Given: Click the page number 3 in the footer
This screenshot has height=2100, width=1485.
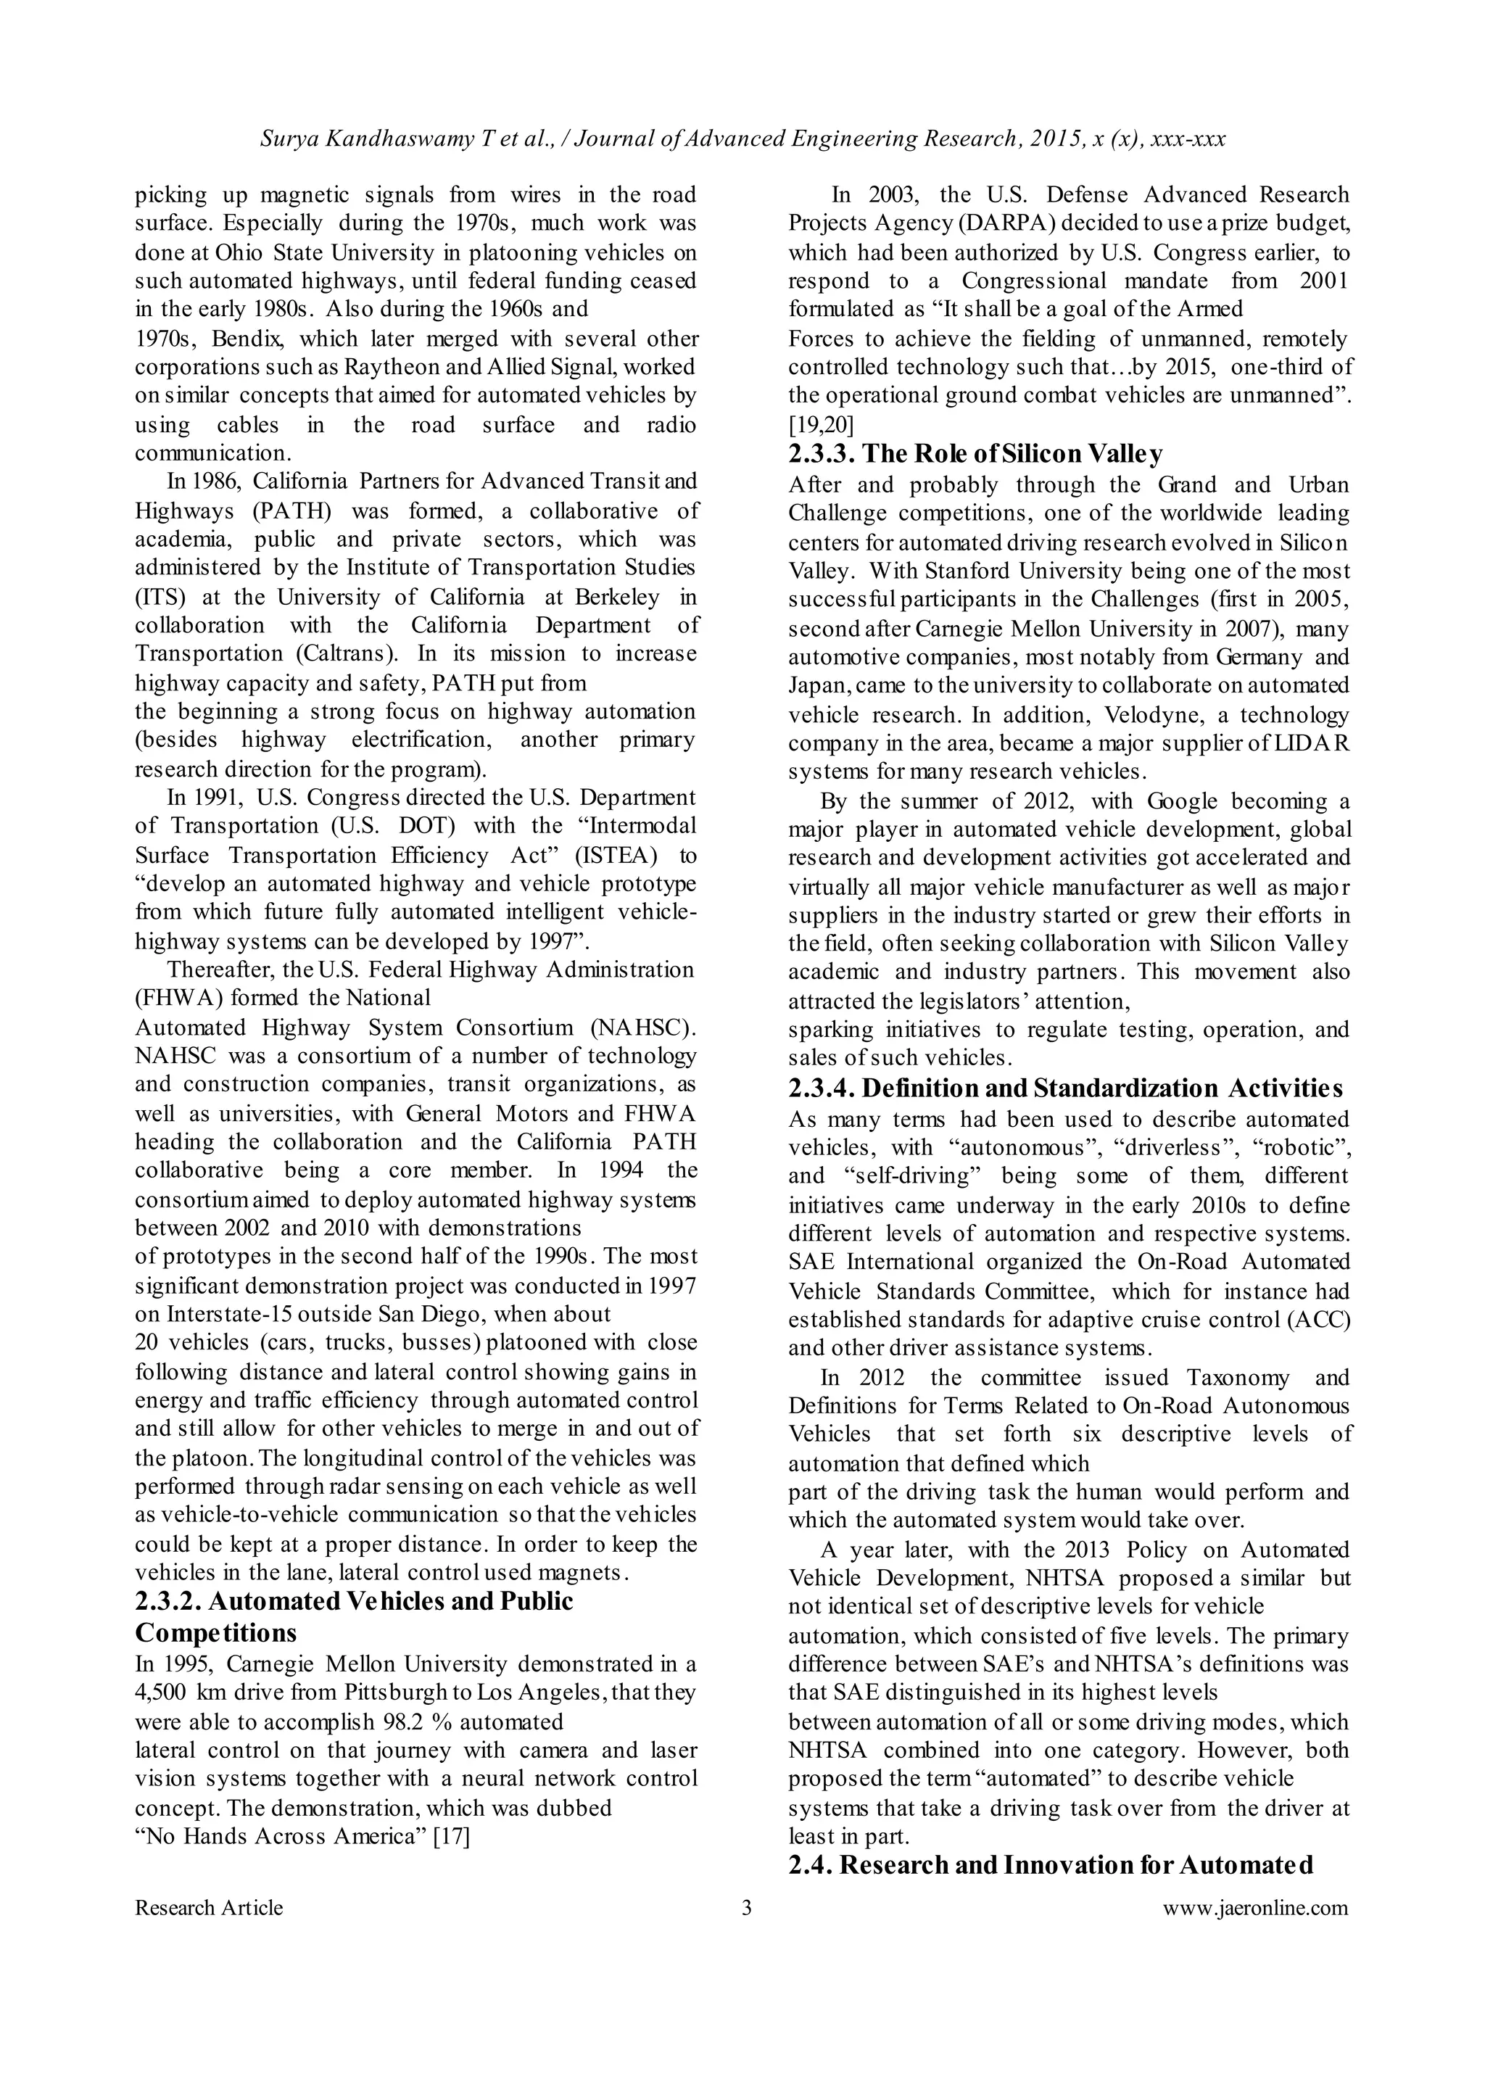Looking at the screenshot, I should tap(746, 1908).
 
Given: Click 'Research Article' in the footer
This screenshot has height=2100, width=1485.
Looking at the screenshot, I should tap(209, 1908).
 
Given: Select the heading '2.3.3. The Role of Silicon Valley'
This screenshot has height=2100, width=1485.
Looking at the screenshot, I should tap(976, 455).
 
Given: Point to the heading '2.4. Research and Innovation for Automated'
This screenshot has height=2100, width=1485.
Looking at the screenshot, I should tap(1051, 1865).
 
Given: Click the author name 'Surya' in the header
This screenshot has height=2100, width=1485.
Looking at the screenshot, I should tap(289, 139).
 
